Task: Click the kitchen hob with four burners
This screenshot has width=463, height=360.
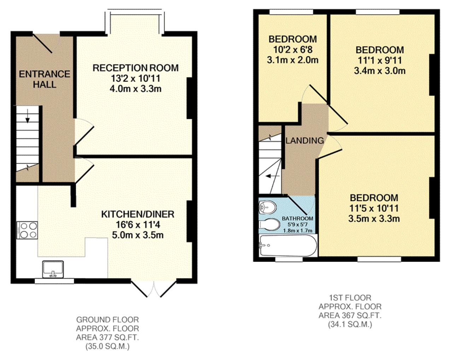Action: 27,230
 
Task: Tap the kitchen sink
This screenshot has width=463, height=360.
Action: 53,269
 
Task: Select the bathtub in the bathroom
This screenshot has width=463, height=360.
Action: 287,246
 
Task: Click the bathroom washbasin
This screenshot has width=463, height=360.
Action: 268,207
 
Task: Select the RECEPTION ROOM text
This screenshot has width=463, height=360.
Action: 135,68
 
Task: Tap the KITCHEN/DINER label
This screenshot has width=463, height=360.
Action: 137,214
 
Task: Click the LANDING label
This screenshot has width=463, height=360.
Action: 304,140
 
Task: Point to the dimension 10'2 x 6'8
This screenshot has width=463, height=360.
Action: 292,50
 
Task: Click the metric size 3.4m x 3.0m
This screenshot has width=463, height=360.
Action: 380,71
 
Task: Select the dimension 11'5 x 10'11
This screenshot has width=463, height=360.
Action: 374,208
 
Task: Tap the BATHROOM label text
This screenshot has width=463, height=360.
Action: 297,219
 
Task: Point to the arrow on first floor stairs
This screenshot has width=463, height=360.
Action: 272,176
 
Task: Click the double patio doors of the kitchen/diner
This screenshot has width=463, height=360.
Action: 154,289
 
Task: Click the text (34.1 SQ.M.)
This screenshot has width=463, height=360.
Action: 350,324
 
